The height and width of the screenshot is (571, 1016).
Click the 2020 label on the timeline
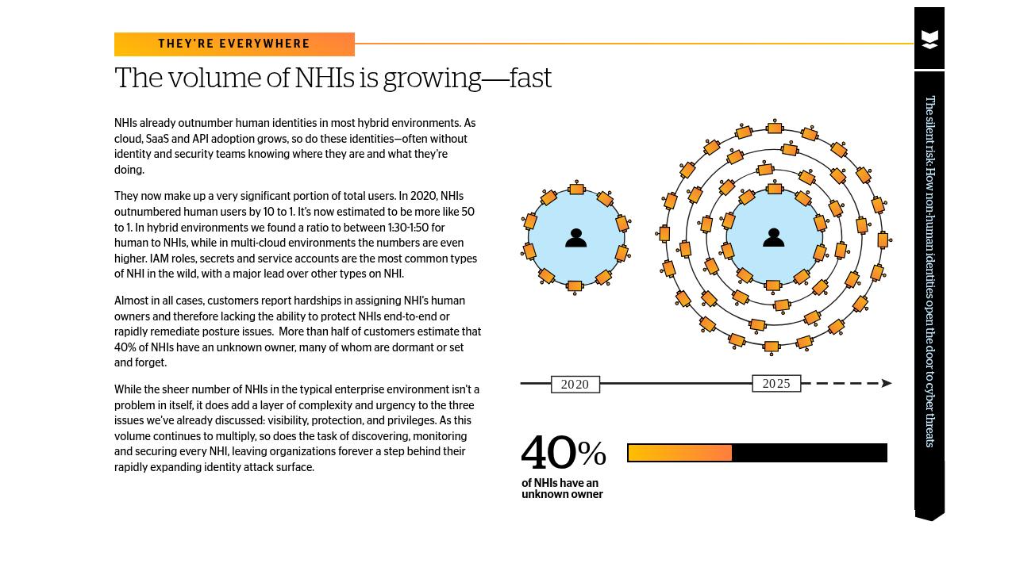pyautogui.click(x=575, y=385)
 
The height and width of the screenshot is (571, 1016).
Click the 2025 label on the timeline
pyautogui.click(x=776, y=384)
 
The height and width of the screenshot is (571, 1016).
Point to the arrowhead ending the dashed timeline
pyautogui.click(x=887, y=383)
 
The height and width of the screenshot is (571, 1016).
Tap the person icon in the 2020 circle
pyautogui.click(x=575, y=238)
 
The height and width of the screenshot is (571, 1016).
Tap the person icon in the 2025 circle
pyautogui.click(x=773, y=237)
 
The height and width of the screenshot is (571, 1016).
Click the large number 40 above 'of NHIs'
pyautogui.click(x=548, y=454)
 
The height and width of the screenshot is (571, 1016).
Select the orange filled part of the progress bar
pyautogui.click(x=679, y=453)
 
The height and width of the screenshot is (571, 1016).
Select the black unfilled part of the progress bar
pyautogui.click(x=809, y=453)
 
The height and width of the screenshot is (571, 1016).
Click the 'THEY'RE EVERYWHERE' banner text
pyautogui.click(x=234, y=44)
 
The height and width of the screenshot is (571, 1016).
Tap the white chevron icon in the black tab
pyautogui.click(x=929, y=40)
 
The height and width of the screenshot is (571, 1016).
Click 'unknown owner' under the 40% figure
pyautogui.click(x=562, y=494)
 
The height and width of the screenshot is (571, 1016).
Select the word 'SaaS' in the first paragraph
pyautogui.click(x=157, y=139)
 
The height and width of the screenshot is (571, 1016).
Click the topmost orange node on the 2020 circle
pyautogui.click(x=577, y=189)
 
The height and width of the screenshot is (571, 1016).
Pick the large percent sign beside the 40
pyautogui.click(x=592, y=454)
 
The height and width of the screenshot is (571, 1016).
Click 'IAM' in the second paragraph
pyautogui.click(x=159, y=259)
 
